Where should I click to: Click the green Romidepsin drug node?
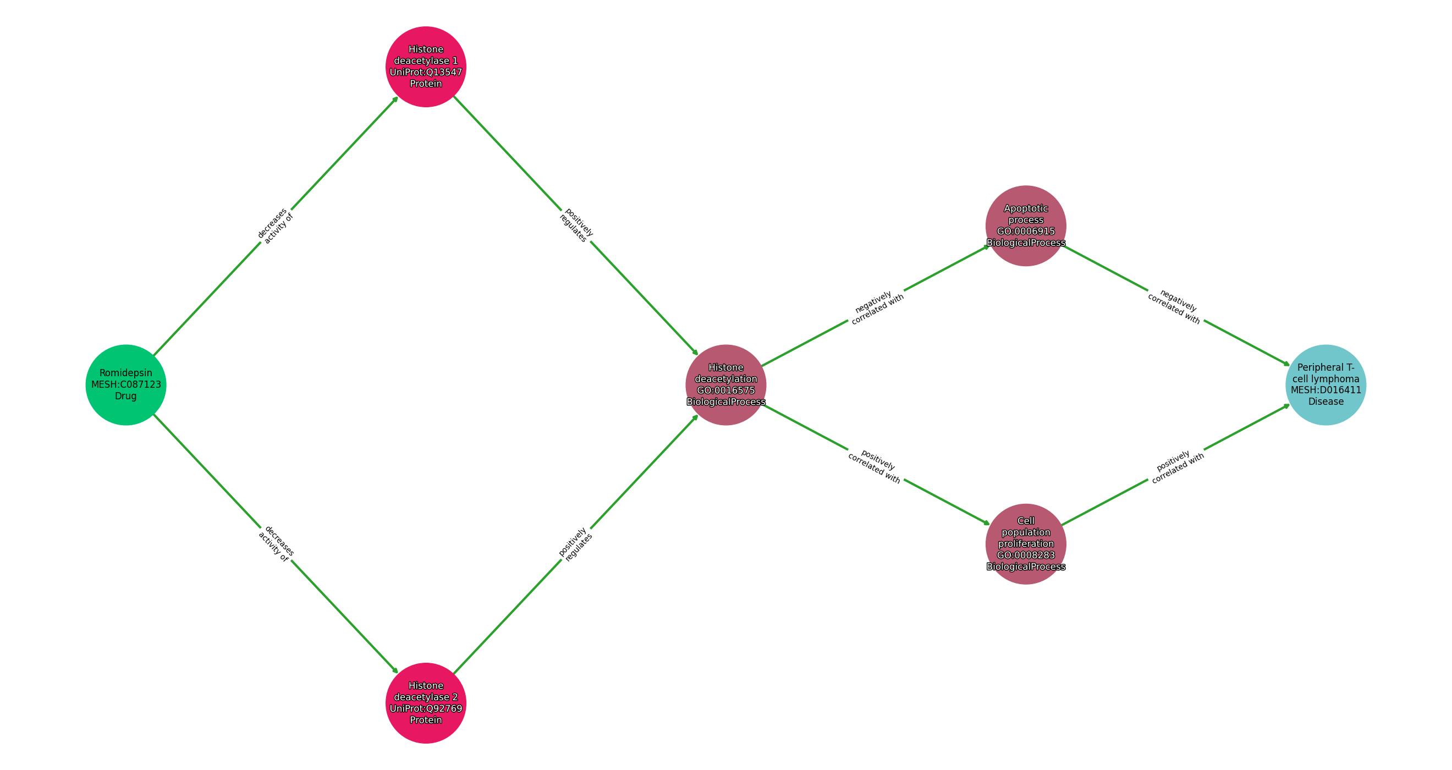click(x=126, y=385)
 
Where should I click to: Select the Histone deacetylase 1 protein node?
click(x=426, y=67)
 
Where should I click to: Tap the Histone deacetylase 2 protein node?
click(x=426, y=703)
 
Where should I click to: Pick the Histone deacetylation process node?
click(x=725, y=385)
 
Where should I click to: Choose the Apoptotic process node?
click(x=1025, y=226)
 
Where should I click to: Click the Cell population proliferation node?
click(x=1025, y=544)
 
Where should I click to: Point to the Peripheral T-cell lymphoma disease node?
click(x=1325, y=385)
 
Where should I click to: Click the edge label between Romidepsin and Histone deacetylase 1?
click(x=276, y=226)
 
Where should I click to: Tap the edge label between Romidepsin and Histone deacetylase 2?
click(x=276, y=544)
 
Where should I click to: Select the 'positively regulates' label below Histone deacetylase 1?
click(x=576, y=226)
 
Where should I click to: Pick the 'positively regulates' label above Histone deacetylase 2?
click(x=575, y=544)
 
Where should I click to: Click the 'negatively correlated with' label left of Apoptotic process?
click(x=876, y=307)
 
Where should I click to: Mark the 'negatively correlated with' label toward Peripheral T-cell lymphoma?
click(x=1176, y=307)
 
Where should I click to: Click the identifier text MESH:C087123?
click(x=126, y=385)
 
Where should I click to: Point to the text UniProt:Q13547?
click(x=426, y=72)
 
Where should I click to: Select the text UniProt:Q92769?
click(x=426, y=708)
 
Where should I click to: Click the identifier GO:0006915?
click(x=1025, y=231)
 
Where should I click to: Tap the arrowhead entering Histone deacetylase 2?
click(x=396, y=672)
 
